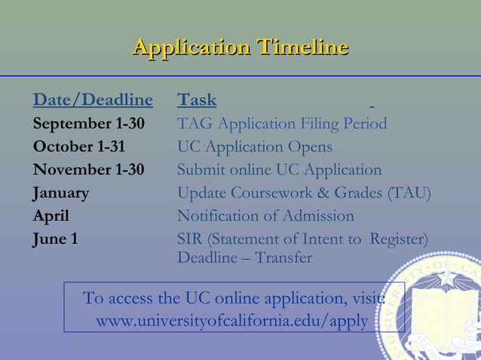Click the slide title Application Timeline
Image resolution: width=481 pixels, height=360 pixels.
[x=240, y=47]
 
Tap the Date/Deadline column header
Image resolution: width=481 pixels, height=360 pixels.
[x=93, y=100]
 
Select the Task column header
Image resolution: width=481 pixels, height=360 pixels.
[x=197, y=100]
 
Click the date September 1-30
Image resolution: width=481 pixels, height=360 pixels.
[x=89, y=124]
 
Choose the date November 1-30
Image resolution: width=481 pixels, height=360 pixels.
[x=87, y=169]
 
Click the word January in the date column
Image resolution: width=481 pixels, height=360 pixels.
[x=60, y=193]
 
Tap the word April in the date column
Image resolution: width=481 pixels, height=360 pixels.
[x=51, y=216]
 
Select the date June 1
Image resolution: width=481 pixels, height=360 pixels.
[x=55, y=239]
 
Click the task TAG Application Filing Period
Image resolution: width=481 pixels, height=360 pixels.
[x=282, y=124]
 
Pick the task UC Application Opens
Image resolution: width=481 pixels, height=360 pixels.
[x=254, y=146]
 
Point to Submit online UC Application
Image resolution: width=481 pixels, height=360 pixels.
[x=279, y=169]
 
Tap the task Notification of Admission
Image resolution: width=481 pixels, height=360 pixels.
[x=265, y=216]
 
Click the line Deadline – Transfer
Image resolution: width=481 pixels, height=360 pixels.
[x=244, y=258]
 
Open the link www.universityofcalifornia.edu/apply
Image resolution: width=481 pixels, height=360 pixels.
[x=233, y=321]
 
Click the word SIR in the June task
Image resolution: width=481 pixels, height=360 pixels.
[x=189, y=239]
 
